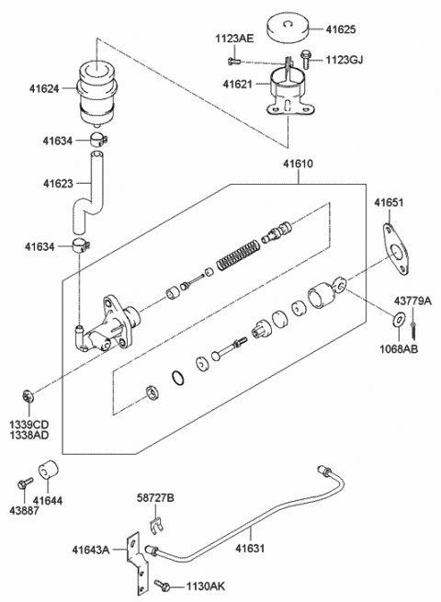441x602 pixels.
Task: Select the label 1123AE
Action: [x=234, y=39]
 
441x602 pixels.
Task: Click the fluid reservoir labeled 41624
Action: [x=96, y=85]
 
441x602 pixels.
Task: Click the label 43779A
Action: [x=413, y=300]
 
